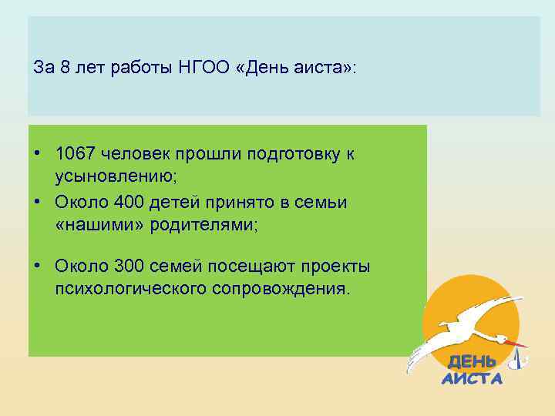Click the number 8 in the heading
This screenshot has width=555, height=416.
tap(64, 67)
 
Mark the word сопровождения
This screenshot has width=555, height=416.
tap(288, 289)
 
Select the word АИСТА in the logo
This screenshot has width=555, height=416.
tap(472, 378)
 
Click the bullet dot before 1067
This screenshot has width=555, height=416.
tap(37, 153)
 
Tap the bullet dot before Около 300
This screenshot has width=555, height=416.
tap(37, 266)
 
